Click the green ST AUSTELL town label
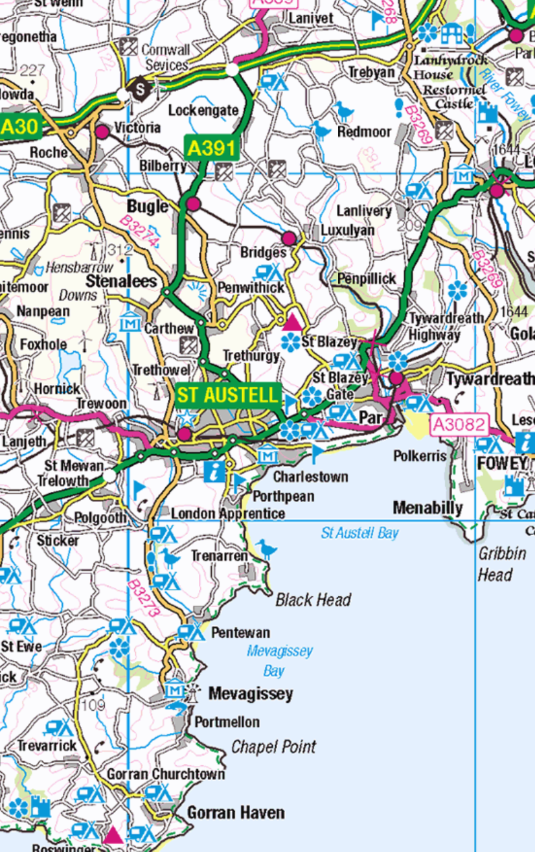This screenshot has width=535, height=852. point(227,395)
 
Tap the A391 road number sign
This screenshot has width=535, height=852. point(211,148)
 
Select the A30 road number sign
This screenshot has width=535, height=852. point(19,127)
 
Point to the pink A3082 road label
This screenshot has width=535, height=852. point(459,424)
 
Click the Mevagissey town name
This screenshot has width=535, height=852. point(250,694)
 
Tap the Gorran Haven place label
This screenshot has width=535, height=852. point(236,812)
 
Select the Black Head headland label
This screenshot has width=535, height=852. point(313,600)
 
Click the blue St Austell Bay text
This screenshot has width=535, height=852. point(359,533)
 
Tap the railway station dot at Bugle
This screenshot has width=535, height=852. point(193,204)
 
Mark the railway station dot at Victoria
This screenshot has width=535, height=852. point(102,132)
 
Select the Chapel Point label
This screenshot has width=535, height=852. point(273,747)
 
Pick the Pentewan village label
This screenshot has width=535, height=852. point(240,633)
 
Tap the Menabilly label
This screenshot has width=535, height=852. point(427,508)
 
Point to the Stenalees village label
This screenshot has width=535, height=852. point(122,281)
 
